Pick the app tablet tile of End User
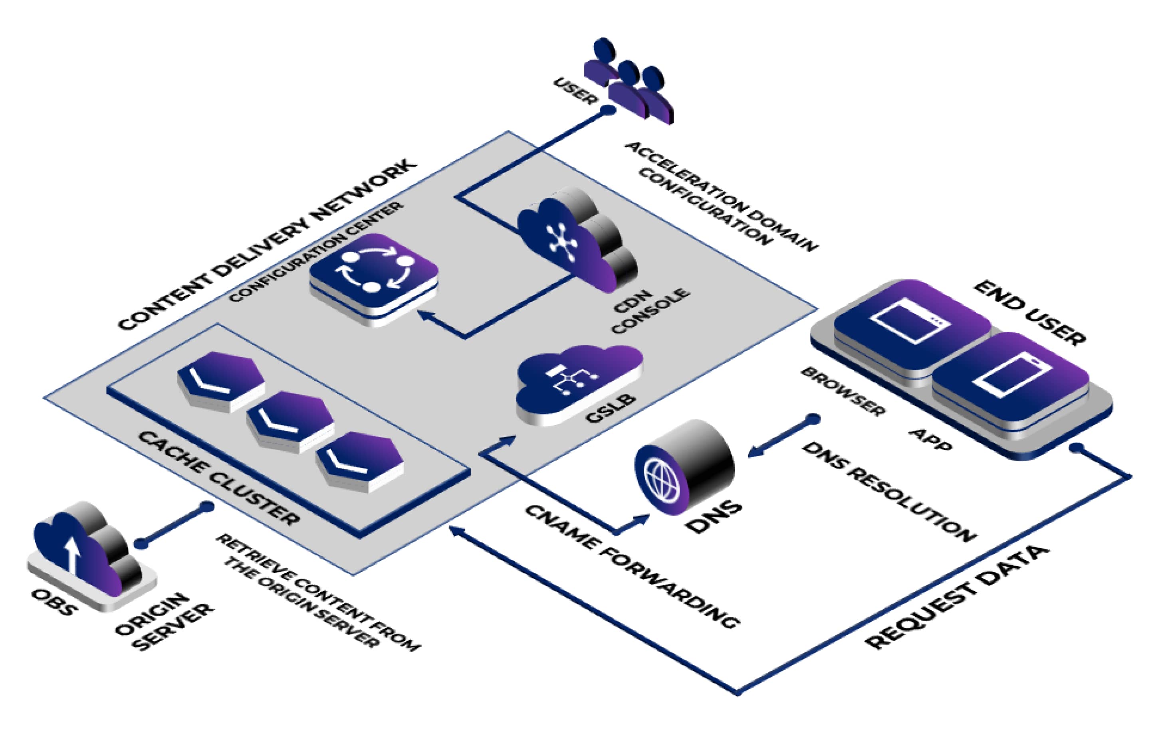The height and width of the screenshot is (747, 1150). point(1010,381)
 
